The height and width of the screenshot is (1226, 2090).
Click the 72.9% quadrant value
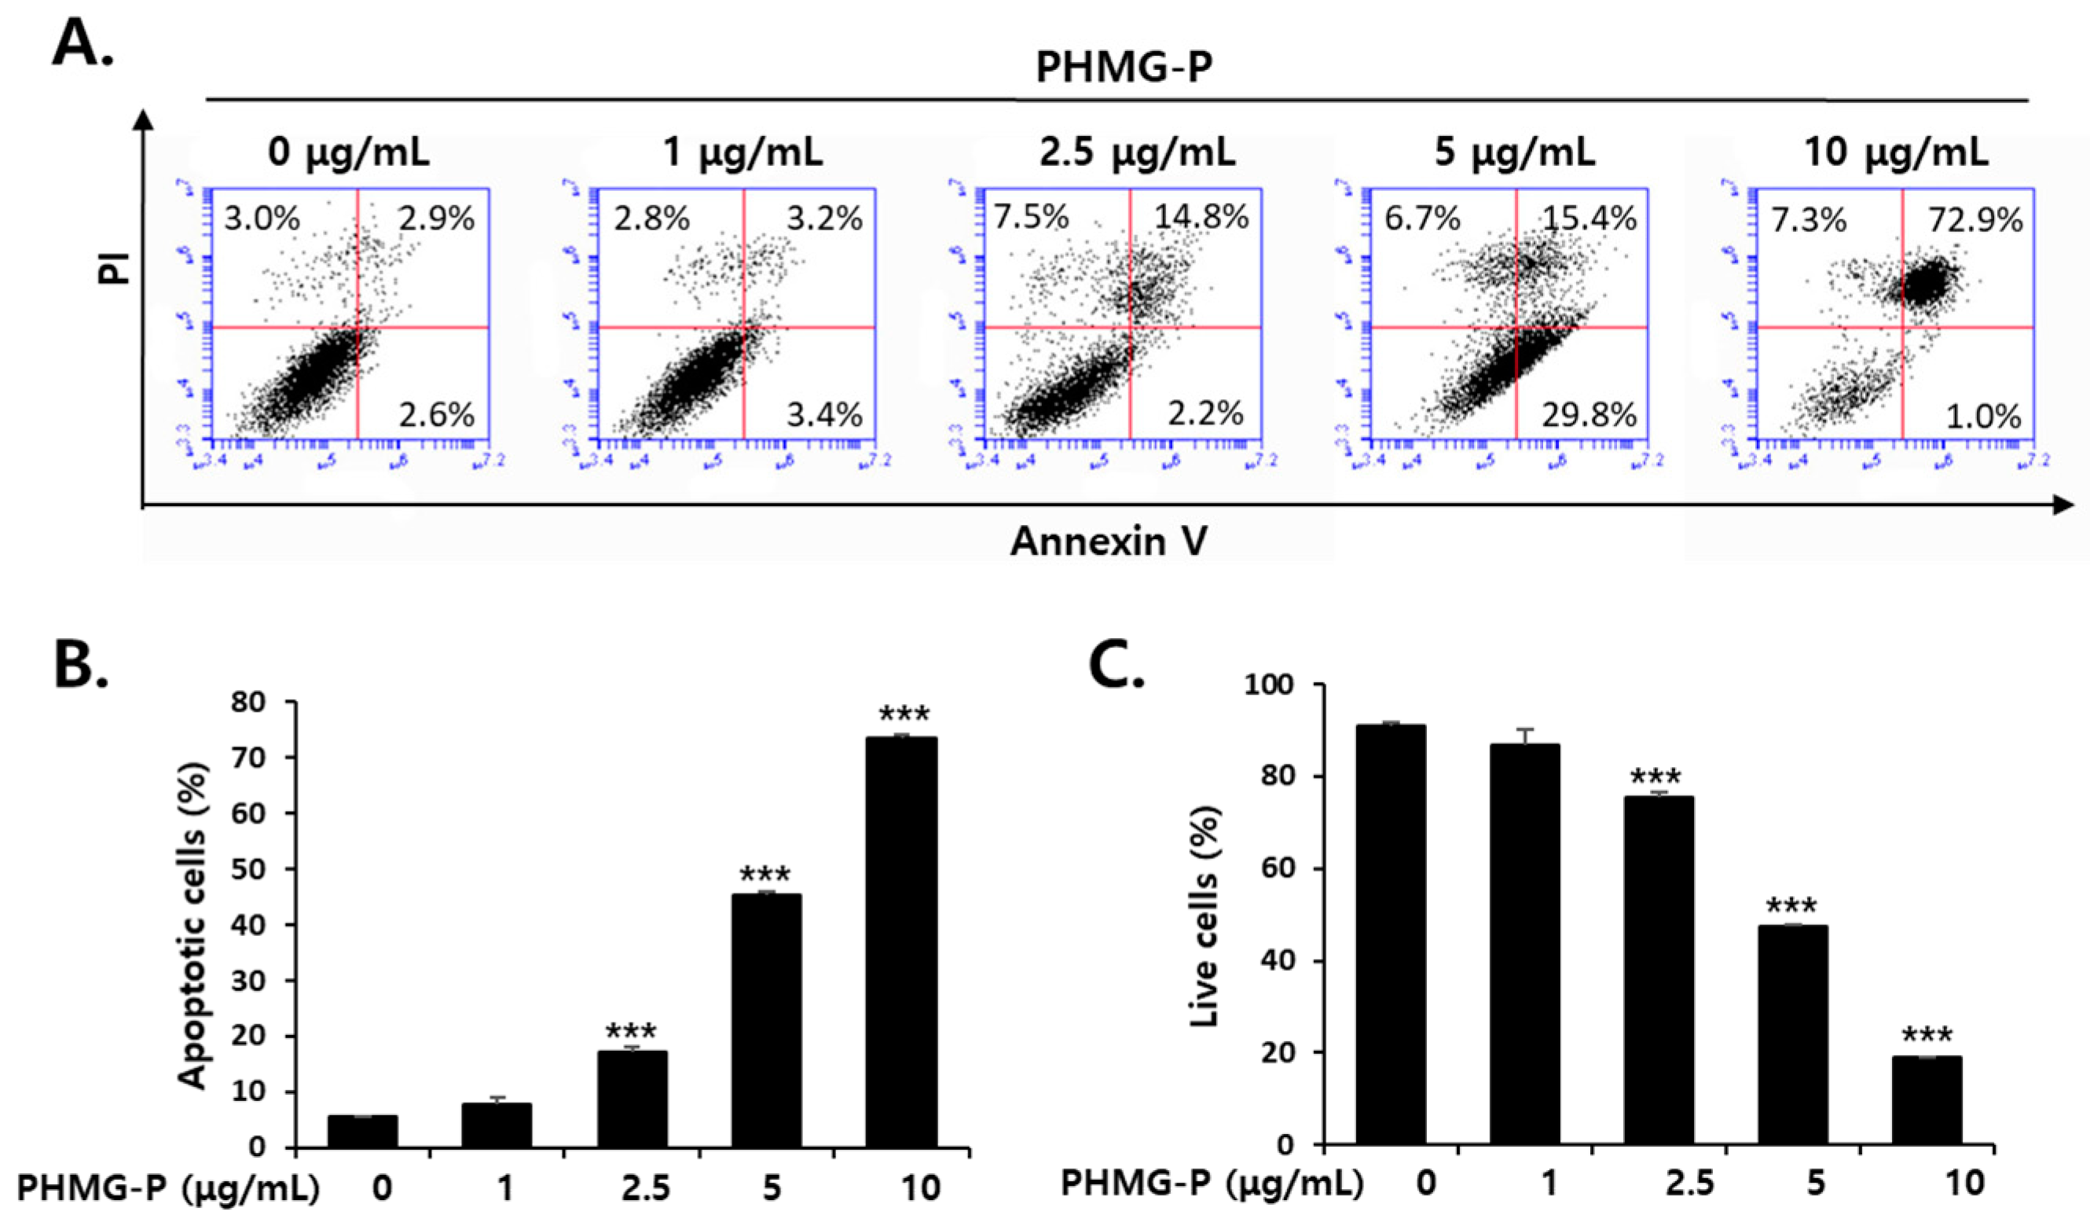(1974, 221)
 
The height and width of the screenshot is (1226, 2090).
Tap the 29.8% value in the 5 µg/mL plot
(1588, 415)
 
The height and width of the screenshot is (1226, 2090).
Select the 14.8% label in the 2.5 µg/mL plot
(1201, 218)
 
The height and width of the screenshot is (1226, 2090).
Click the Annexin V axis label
(1108, 541)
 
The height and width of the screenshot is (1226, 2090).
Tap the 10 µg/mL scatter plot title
(1896, 152)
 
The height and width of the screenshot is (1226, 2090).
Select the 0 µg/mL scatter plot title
(348, 152)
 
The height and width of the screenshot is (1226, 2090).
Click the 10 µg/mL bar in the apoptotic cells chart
(900, 942)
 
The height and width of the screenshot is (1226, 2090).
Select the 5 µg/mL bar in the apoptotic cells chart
(765, 1020)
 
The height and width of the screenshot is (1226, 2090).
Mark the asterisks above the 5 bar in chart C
(1791, 905)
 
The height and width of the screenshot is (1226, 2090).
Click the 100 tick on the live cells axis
(1273, 685)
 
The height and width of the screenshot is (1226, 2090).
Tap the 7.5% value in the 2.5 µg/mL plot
(1032, 218)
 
